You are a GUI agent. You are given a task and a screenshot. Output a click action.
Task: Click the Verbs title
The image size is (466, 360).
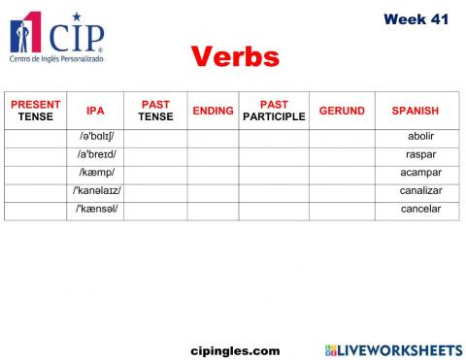[x=236, y=56]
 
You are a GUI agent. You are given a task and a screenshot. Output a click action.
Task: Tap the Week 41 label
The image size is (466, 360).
[x=416, y=18]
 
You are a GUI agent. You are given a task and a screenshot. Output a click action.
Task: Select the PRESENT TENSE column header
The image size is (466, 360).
[x=35, y=111]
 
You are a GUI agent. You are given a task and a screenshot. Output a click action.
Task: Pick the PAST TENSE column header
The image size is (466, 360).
[x=155, y=111]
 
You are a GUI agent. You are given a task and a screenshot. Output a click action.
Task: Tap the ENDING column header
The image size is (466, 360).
[x=213, y=111]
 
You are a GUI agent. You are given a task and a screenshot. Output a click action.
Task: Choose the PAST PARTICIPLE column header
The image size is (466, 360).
[x=274, y=111]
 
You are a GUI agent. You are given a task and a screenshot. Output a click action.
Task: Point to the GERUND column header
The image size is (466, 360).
[x=342, y=111]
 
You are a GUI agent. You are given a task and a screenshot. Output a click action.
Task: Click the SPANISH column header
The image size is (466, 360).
[x=415, y=111]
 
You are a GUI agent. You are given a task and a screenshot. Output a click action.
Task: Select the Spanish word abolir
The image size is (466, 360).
[x=420, y=137]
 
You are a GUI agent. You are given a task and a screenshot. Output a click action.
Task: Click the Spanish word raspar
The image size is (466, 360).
[x=420, y=155]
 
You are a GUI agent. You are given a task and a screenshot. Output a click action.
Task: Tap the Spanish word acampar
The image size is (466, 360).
[x=420, y=173]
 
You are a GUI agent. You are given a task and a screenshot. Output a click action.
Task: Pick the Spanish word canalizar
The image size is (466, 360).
[x=420, y=191]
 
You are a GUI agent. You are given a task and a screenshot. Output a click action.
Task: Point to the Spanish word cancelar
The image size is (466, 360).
[x=420, y=209]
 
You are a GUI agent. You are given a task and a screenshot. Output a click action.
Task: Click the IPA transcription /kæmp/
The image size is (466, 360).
[x=96, y=173]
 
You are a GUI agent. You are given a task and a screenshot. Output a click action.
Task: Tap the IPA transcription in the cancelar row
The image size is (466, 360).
[x=96, y=209]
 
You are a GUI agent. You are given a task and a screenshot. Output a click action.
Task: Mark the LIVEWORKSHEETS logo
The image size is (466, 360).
[x=393, y=349]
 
